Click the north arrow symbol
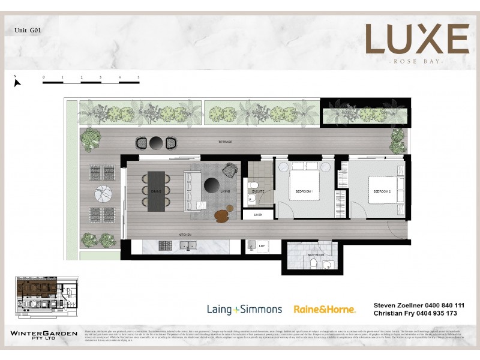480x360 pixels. (17, 80)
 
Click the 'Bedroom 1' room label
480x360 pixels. (304, 191)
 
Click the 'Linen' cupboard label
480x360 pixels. (258, 214)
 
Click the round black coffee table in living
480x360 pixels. (211, 184)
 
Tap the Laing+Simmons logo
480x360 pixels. (244, 310)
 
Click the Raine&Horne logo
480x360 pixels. (325, 310)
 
